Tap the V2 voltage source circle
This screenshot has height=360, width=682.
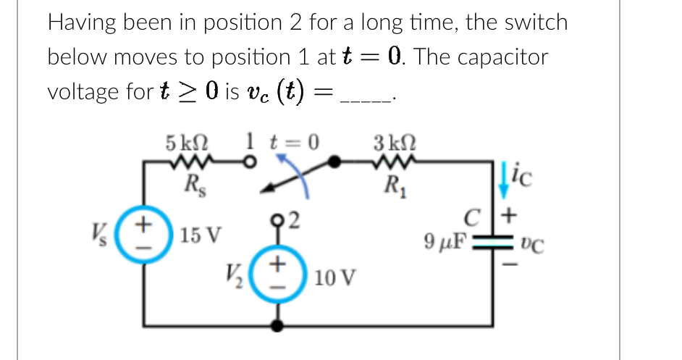[x=276, y=276]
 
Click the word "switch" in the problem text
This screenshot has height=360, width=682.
[x=534, y=22]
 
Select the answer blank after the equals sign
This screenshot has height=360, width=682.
[x=371, y=94]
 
